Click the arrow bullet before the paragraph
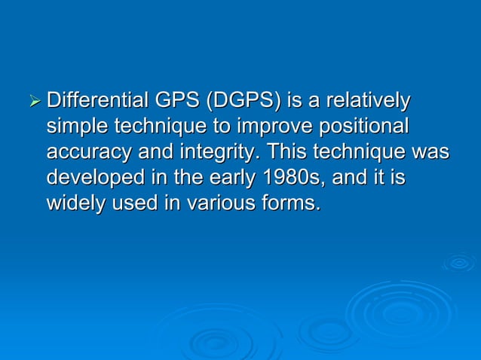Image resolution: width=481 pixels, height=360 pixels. (x=32, y=100)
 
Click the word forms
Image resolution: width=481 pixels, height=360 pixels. (x=290, y=203)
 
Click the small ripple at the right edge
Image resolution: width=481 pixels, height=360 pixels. (x=459, y=262)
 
